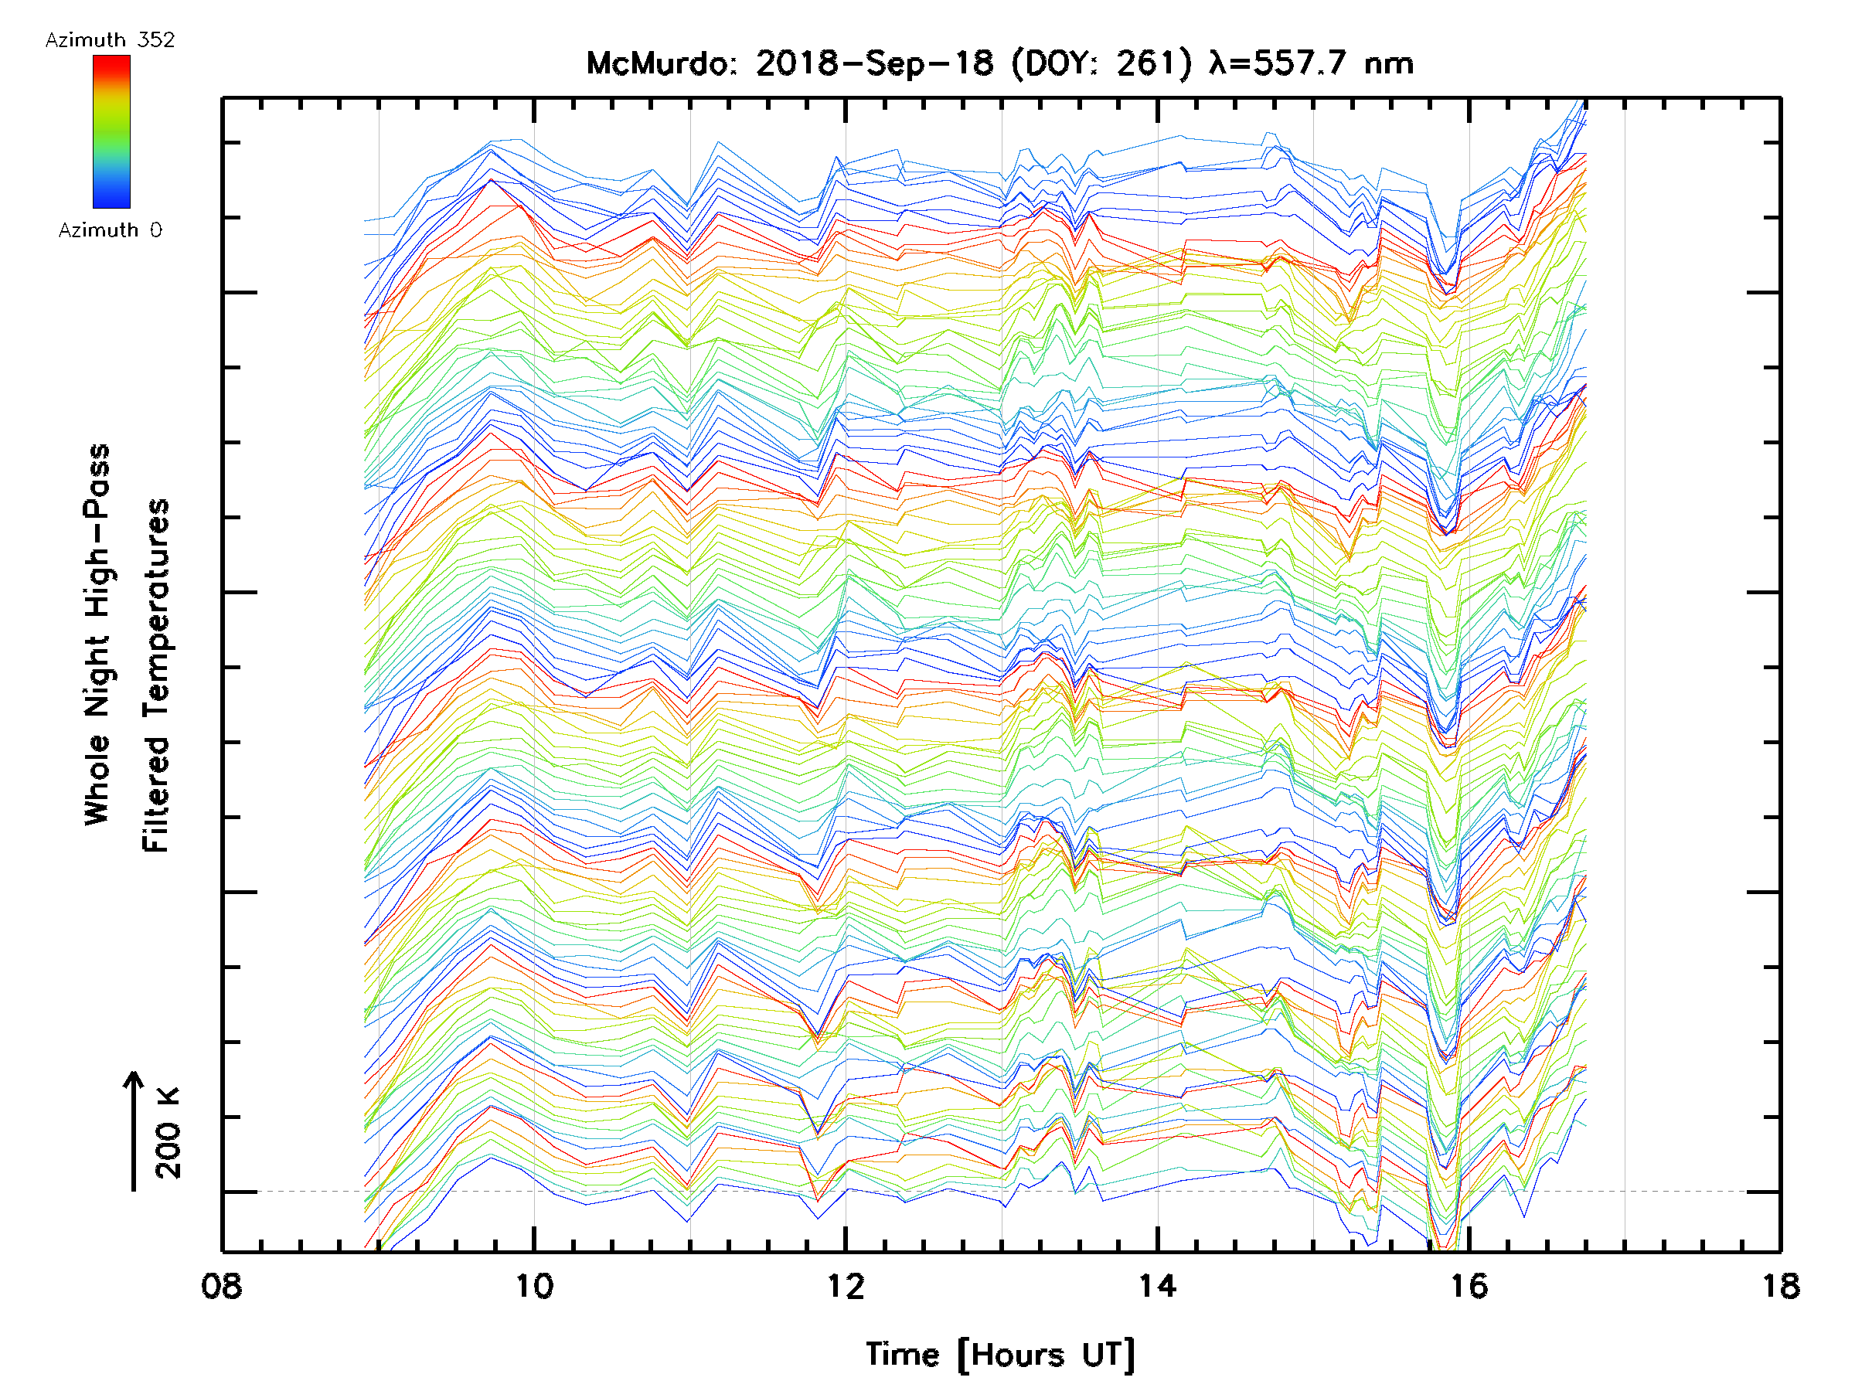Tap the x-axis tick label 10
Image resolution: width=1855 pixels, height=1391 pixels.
tap(534, 1286)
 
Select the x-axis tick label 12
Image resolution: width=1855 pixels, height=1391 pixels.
tap(846, 1286)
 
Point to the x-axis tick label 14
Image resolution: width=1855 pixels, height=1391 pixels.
tap(1157, 1286)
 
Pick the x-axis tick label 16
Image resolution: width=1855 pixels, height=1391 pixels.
tap(1469, 1286)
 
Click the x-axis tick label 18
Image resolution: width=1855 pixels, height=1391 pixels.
tap(1779, 1286)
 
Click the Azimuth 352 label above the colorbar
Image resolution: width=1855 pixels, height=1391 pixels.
tap(110, 40)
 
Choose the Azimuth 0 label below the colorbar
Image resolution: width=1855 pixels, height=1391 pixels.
tap(110, 230)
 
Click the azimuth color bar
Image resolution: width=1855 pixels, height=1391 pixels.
tap(111, 131)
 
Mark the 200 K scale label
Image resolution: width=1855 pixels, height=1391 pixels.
tap(168, 1133)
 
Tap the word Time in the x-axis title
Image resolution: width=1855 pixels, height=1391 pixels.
tap(902, 1355)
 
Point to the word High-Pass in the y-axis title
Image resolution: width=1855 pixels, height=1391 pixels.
tap(97, 530)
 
